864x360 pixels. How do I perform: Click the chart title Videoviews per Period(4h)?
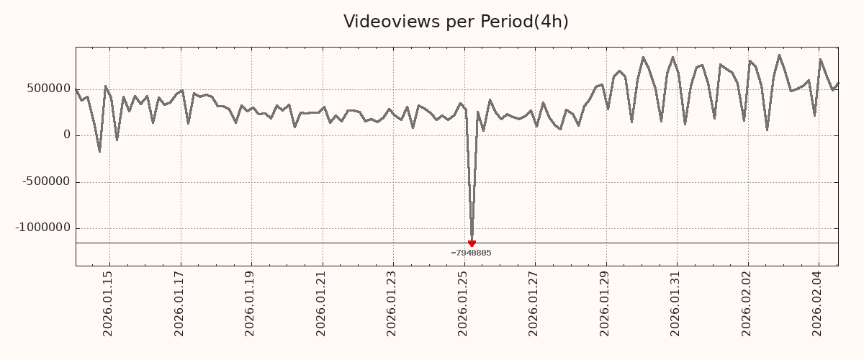click(456, 22)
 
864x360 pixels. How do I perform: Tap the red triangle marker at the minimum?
click(472, 243)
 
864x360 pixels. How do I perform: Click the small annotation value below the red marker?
click(471, 253)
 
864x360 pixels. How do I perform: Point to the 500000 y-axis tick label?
click(48, 89)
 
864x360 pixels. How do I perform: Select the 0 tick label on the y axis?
click(67, 135)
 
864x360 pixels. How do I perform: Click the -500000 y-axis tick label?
click(46, 181)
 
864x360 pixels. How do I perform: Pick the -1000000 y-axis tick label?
click(43, 228)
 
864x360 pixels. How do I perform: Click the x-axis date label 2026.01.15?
click(108, 303)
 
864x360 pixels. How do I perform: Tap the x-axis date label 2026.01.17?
click(179, 303)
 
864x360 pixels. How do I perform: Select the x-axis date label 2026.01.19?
click(251, 303)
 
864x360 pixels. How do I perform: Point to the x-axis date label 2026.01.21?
click(321, 303)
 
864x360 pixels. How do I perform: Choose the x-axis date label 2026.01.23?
click(392, 303)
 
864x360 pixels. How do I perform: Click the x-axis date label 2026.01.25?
click(463, 303)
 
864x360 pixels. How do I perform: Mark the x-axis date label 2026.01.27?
click(534, 303)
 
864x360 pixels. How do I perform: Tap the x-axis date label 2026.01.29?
click(605, 303)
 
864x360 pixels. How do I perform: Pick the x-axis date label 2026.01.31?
click(675, 303)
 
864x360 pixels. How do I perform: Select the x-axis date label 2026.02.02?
click(747, 303)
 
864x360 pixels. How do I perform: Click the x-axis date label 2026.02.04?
click(817, 303)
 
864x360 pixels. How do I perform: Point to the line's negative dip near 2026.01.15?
click(99, 150)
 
